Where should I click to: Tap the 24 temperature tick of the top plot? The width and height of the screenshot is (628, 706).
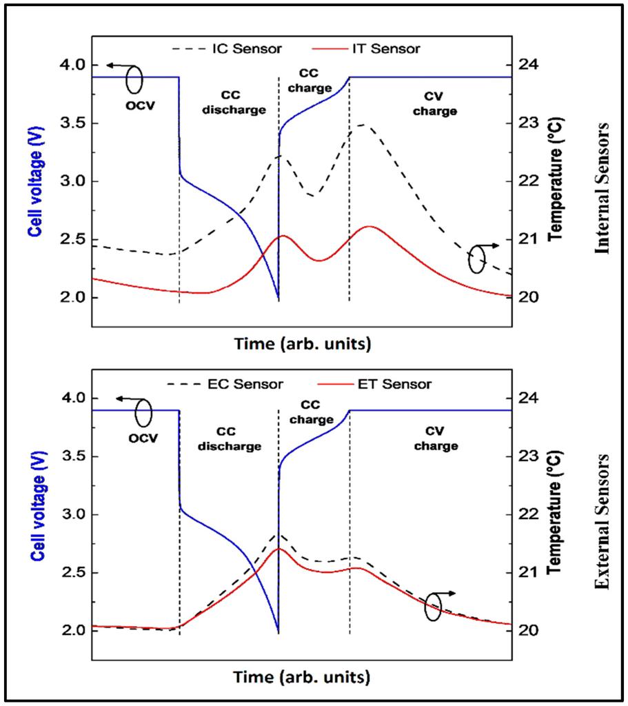click(531, 65)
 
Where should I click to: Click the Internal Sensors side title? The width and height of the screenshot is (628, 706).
click(604, 188)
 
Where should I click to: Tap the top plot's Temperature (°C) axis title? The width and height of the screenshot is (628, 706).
click(553, 181)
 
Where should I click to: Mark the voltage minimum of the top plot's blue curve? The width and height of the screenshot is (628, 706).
click(278, 299)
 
